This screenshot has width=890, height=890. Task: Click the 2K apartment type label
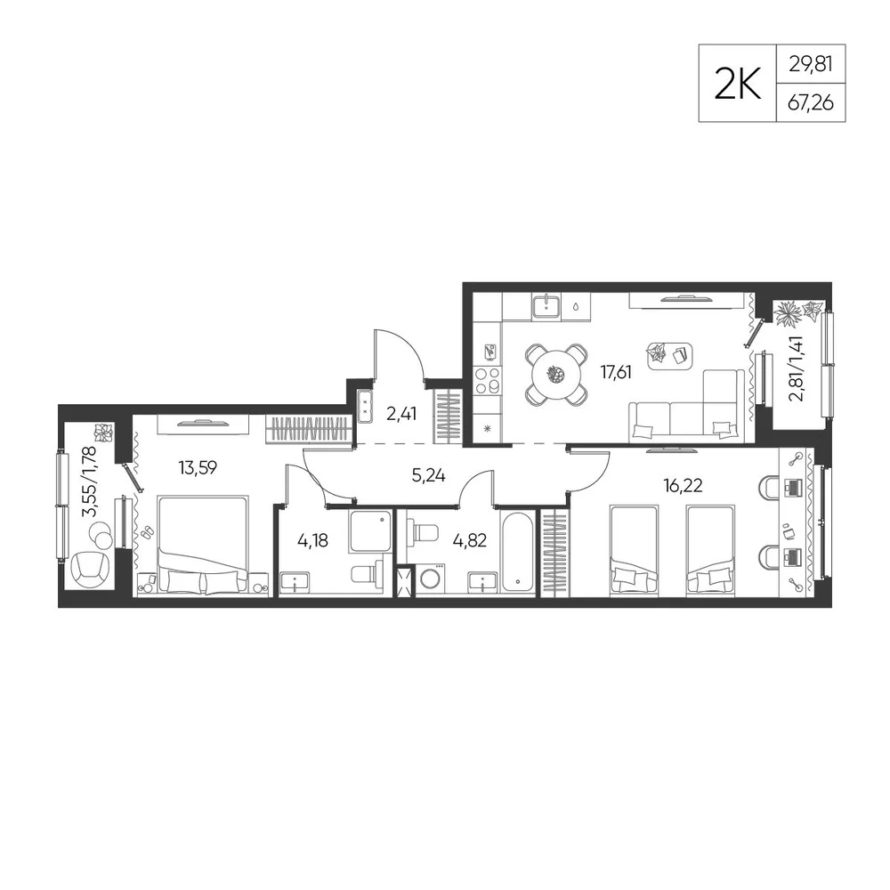pyautogui.click(x=737, y=85)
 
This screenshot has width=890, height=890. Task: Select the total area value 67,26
pyautogui.click(x=811, y=102)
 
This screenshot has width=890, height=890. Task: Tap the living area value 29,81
pyautogui.click(x=811, y=64)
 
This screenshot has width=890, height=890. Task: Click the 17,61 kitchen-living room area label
pyautogui.click(x=616, y=372)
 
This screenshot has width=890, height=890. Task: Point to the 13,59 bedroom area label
pyautogui.click(x=198, y=468)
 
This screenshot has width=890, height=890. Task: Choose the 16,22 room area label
pyautogui.click(x=683, y=485)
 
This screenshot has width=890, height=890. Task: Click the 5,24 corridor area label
pyautogui.click(x=429, y=475)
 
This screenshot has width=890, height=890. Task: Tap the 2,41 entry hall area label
pyautogui.click(x=401, y=414)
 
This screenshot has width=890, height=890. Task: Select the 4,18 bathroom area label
pyautogui.click(x=312, y=540)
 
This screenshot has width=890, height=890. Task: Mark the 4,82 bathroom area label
pyautogui.click(x=469, y=540)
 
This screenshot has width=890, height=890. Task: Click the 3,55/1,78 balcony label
pyautogui.click(x=90, y=482)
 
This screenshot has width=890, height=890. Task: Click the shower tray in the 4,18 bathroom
pyautogui.click(x=370, y=530)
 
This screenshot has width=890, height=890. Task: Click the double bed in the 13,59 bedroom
pyautogui.click(x=203, y=545)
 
